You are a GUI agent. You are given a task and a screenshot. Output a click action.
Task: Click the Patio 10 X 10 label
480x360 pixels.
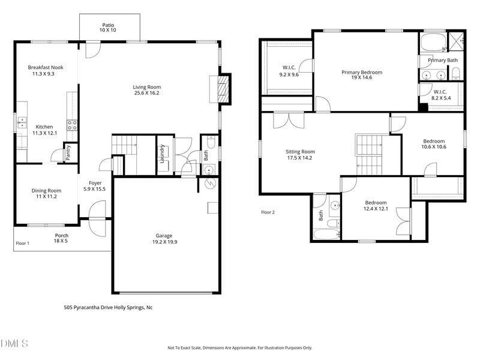click(108, 28)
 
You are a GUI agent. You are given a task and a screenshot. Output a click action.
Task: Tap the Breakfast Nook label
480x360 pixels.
click(45, 67)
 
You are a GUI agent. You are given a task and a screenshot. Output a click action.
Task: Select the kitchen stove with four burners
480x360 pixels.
click(71, 125)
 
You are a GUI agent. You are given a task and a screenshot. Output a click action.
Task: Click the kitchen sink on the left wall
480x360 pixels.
click(22, 123)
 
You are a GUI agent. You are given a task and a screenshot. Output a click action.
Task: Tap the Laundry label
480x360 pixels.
click(163, 154)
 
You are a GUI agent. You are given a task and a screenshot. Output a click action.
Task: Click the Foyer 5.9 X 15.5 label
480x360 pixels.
click(95, 185)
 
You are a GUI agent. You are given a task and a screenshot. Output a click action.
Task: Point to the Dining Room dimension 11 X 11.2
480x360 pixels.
click(46, 196)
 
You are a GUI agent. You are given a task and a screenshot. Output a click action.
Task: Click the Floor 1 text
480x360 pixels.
click(23, 244)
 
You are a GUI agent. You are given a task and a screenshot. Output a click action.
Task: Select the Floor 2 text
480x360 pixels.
click(268, 212)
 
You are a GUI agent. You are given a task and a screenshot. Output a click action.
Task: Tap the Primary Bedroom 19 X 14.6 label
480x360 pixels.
click(362, 75)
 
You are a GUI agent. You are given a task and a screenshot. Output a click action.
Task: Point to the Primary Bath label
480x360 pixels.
click(443, 61)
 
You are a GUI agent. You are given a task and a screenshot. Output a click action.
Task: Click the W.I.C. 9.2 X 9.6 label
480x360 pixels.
click(289, 71)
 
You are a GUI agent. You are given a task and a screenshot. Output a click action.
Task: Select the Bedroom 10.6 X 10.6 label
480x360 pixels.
click(434, 144)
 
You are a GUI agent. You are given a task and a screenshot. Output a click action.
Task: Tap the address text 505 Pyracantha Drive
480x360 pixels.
click(108, 307)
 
